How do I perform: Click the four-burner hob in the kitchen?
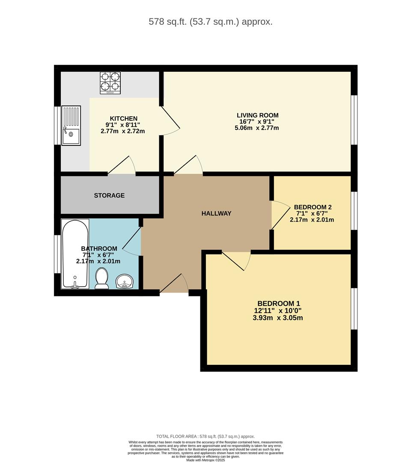pyautogui.click(x=110, y=83)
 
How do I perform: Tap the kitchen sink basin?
pyautogui.click(x=71, y=136)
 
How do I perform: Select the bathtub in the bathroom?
pyautogui.click(x=75, y=254)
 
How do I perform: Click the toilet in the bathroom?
pyautogui.click(x=102, y=278)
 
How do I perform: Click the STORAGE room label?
pyautogui.click(x=109, y=195)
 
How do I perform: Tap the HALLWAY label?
pyautogui.click(x=216, y=213)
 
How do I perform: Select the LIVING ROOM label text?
pyautogui.click(x=257, y=115)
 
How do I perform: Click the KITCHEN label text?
pyautogui.click(x=124, y=118)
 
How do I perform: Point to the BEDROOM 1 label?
pyautogui.click(x=279, y=303)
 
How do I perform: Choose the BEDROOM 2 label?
pyautogui.click(x=313, y=207)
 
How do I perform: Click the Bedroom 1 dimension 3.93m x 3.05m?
pyautogui.click(x=278, y=318)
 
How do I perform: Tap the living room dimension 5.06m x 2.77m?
pyautogui.click(x=256, y=128)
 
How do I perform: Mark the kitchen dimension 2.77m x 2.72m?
pyautogui.click(x=122, y=131)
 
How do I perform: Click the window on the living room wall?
pyautogui.click(x=354, y=120)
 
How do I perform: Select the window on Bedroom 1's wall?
pyautogui.click(x=354, y=308)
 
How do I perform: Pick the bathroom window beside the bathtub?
pyautogui.click(x=57, y=254)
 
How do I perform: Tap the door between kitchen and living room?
pyautogui.click(x=170, y=121)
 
